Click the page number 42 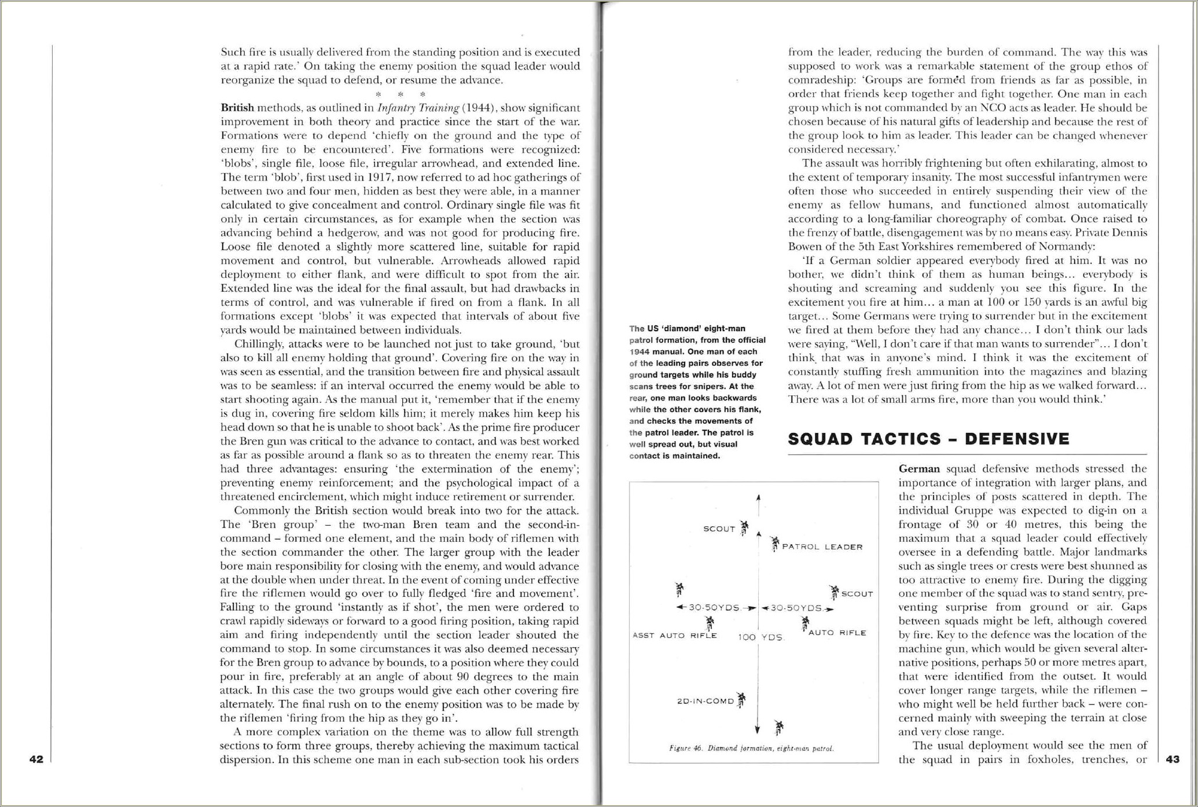coord(36,759)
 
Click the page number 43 coord(1173,759)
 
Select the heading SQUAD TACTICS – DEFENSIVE coord(928,439)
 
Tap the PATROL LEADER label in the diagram coord(822,547)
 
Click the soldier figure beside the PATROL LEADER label coord(775,544)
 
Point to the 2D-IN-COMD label coord(705,701)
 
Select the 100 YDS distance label coord(760,637)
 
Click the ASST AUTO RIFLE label coord(675,635)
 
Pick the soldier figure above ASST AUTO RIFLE coord(710,623)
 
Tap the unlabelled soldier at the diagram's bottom coord(779,727)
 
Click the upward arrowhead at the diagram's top coord(758,497)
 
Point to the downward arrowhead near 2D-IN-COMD coord(757,730)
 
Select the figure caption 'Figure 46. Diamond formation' coord(751,748)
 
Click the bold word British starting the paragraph coord(237,108)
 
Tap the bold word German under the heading coord(919,469)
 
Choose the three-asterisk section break coord(400,94)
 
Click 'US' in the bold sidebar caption coord(653,328)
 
